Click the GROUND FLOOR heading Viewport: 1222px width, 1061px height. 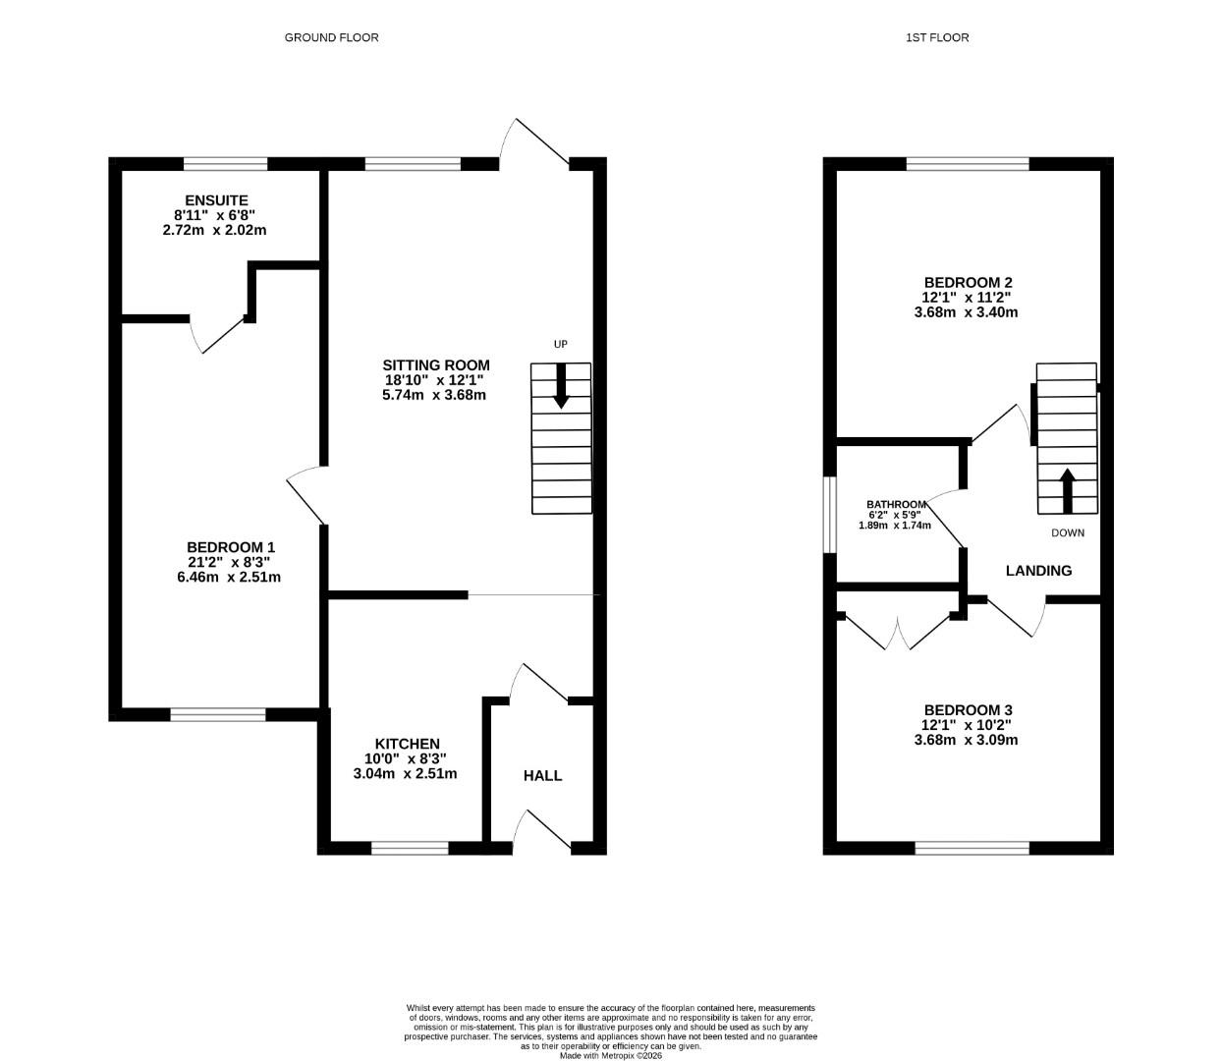pos(331,37)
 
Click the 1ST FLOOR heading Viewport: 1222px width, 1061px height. pos(937,37)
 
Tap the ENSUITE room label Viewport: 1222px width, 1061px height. pos(216,200)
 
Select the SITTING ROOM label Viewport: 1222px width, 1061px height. pos(436,364)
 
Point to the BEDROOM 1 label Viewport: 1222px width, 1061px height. pos(231,547)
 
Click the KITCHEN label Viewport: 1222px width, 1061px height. pos(407,744)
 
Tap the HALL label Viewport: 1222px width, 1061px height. pos(542,775)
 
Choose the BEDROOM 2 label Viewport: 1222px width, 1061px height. pos(968,282)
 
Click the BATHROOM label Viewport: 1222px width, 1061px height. pos(895,504)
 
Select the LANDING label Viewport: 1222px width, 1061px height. pos(1038,570)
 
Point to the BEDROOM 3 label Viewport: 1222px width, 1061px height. pos(968,710)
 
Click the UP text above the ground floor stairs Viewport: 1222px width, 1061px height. pos(560,344)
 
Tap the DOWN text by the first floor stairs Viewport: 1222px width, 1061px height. pos(1068,533)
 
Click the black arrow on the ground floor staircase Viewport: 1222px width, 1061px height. pos(561,385)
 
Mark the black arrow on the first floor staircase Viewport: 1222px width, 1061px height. pos(1067,489)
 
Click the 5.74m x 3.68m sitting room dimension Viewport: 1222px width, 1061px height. pos(434,395)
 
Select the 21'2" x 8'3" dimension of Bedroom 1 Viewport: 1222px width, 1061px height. pos(229,562)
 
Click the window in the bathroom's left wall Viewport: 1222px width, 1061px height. pos(830,515)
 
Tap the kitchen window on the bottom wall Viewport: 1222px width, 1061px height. pos(410,848)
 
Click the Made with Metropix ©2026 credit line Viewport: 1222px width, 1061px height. pos(611,1056)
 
